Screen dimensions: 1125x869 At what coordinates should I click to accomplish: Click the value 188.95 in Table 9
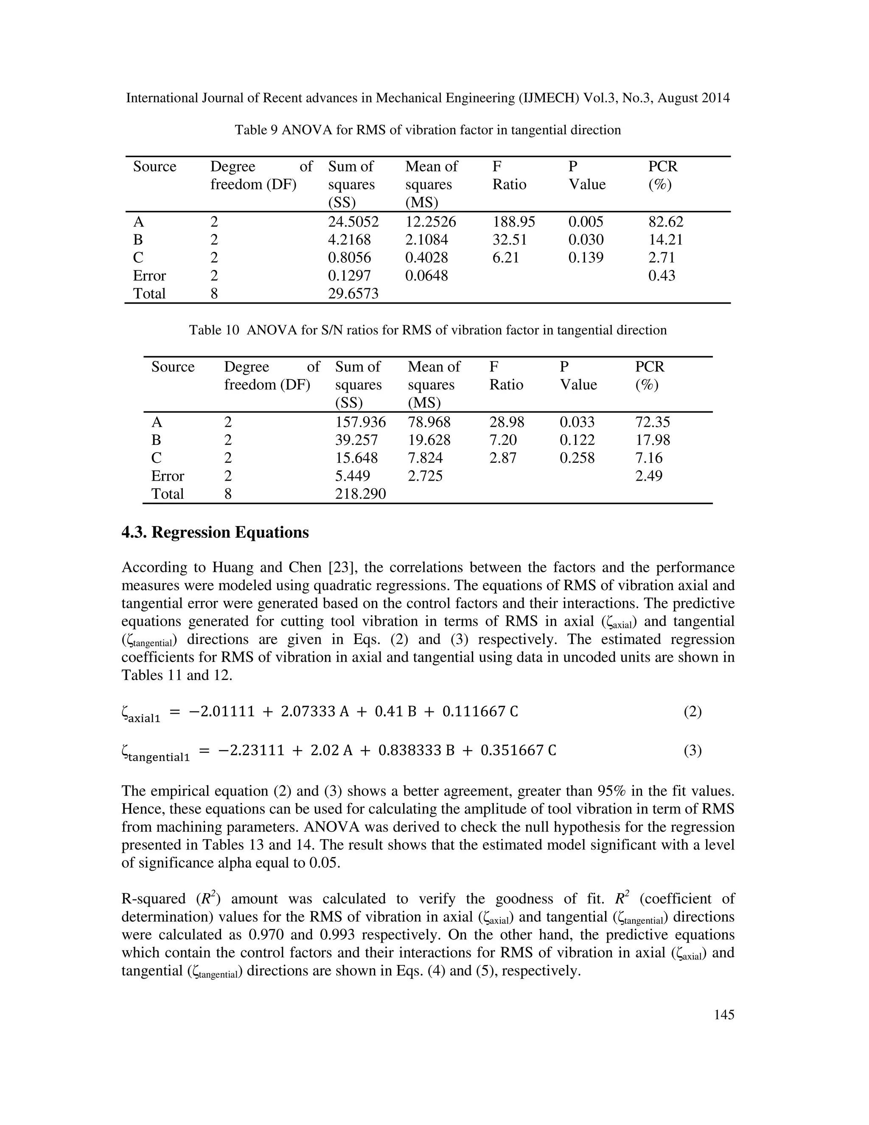(513, 222)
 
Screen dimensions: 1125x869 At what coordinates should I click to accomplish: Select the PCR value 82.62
(666, 222)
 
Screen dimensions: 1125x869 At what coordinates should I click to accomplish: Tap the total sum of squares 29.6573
(353, 294)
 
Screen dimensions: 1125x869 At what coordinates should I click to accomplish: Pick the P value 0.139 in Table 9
(585, 258)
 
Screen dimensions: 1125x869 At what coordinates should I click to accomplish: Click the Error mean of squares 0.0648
(426, 276)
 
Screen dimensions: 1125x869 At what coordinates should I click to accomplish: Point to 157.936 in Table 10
(360, 422)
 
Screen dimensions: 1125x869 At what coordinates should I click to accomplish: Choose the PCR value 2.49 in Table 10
(649, 475)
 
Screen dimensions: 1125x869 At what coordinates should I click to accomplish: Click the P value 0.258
(577, 458)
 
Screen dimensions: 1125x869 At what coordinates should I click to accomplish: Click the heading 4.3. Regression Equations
(215, 532)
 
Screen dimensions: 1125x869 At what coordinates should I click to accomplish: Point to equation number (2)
(692, 712)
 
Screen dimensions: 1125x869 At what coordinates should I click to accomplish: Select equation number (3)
(692, 751)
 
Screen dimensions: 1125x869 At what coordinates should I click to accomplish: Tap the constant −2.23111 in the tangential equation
(251, 751)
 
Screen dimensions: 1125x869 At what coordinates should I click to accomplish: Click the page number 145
(724, 1015)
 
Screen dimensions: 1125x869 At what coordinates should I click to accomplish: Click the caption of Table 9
(428, 130)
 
